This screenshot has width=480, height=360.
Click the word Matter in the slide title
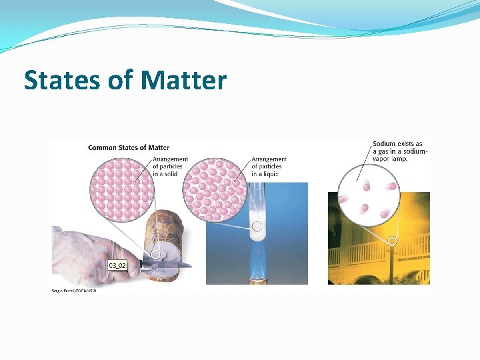pos(183,81)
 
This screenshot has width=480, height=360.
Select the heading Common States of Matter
pos(129,147)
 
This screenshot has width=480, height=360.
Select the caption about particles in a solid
pos(170,167)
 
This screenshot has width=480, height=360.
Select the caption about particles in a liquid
pos(269,167)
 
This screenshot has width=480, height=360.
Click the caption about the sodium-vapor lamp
pos(400,151)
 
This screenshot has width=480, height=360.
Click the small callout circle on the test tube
pos(257,225)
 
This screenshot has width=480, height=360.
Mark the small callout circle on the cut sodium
pos(155,254)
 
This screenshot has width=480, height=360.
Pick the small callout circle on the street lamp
pos(392,241)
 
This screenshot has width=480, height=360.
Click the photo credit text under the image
pos(73,291)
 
